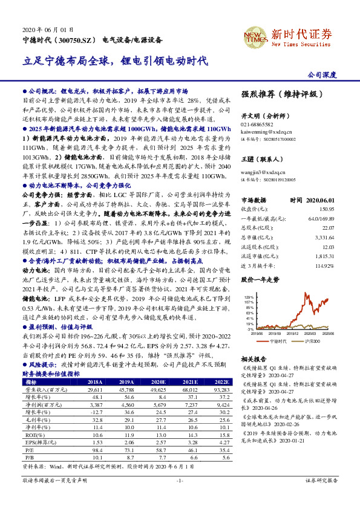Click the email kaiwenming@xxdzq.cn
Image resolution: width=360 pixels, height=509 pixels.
tap(267, 131)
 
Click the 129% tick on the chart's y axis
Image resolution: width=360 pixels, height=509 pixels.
tap(248, 298)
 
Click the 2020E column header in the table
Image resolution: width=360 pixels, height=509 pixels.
tap(160, 382)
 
